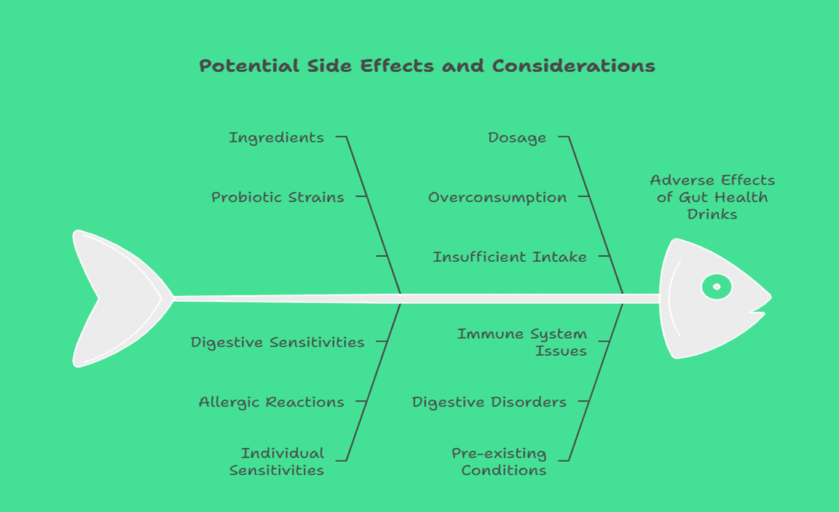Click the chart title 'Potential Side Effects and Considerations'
coord(428,66)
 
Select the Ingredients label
coord(276,137)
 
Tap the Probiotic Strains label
coord(277,197)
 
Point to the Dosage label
coord(517,137)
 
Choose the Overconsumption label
coord(497,197)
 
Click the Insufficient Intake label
coord(510,257)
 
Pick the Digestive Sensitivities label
coord(277,342)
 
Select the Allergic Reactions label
coord(272,401)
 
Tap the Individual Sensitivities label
coord(277,462)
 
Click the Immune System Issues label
coord(522,342)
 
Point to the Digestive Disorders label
coord(489,401)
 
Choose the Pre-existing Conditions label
coord(500,462)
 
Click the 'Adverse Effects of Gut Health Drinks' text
coord(712,197)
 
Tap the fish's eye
coord(717,287)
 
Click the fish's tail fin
coord(117,298)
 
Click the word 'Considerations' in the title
coord(574,66)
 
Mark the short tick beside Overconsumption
coord(583,196)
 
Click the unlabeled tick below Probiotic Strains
coord(381,256)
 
